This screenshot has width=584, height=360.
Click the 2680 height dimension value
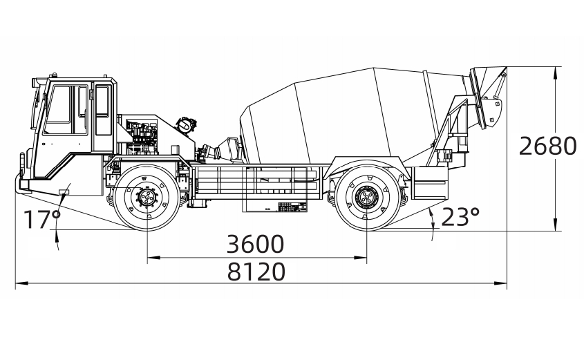[x=547, y=146]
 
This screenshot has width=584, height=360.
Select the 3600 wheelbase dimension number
[x=256, y=245]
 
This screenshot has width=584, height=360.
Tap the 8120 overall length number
[x=256, y=272]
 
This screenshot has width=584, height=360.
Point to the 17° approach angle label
[x=43, y=220]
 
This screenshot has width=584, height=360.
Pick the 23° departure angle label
[x=460, y=217]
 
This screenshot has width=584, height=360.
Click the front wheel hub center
[x=147, y=199]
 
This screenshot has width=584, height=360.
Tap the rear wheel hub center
[x=365, y=199]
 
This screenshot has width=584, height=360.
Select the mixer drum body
[x=346, y=117]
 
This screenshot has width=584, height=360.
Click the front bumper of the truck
[x=21, y=184]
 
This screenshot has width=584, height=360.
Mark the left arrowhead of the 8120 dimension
[x=19, y=283]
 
